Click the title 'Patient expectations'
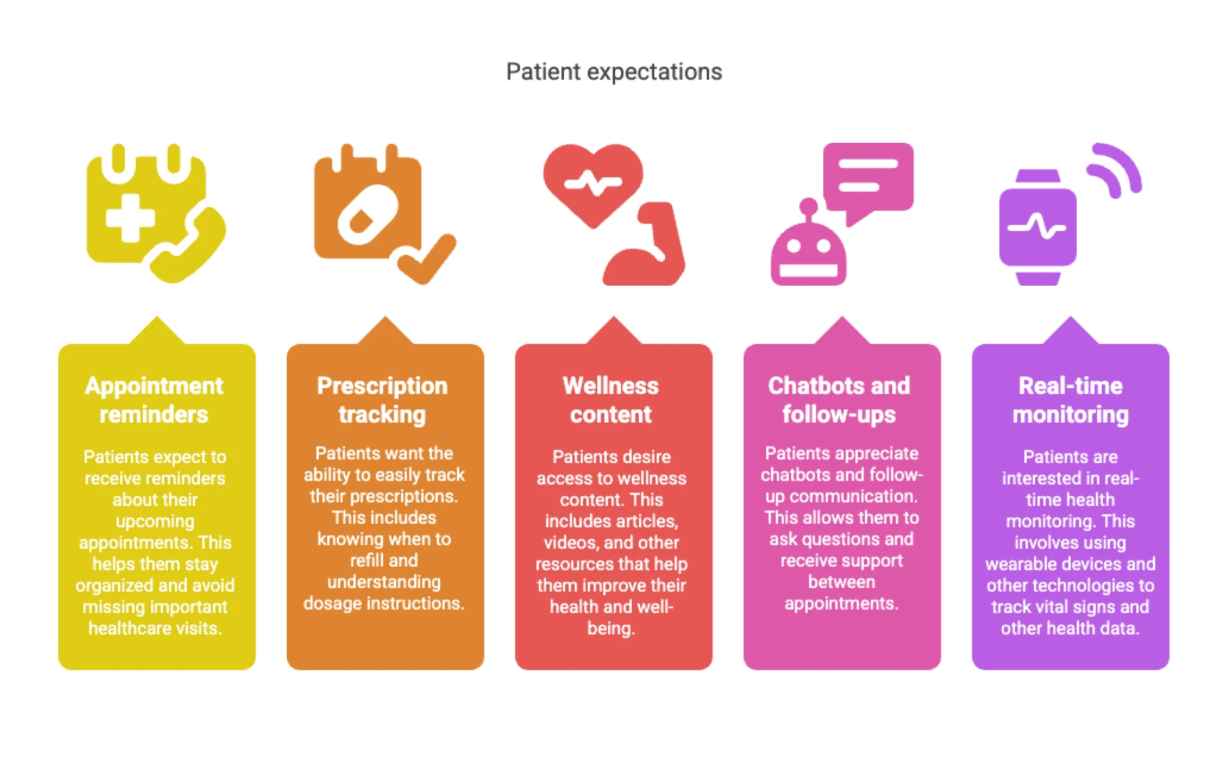pyautogui.click(x=614, y=72)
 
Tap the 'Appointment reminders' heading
pyautogui.click(x=154, y=400)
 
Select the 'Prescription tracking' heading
pyautogui.click(x=382, y=400)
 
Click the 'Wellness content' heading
pyautogui.click(x=611, y=400)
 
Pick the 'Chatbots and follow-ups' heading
pyautogui.click(x=839, y=400)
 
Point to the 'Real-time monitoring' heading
pyautogui.click(x=1070, y=400)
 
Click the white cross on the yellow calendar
pyautogui.click(x=130, y=218)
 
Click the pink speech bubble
pyautogui.click(x=868, y=179)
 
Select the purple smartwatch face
pyautogui.click(x=1038, y=227)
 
